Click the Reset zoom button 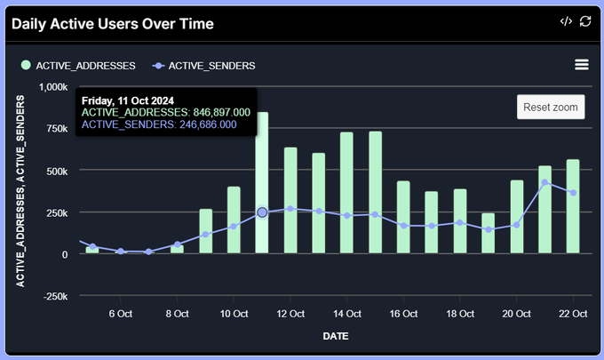click(551, 107)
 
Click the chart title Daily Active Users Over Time click(113, 23)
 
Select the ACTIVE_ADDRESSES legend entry click(84, 65)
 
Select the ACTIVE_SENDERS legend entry click(211, 65)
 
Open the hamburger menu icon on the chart click(582, 65)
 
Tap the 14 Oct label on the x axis click(346, 314)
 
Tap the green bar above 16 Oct click(403, 217)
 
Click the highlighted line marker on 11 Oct click(262, 212)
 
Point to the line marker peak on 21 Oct click(544, 182)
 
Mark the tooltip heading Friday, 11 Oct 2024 click(127, 100)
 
